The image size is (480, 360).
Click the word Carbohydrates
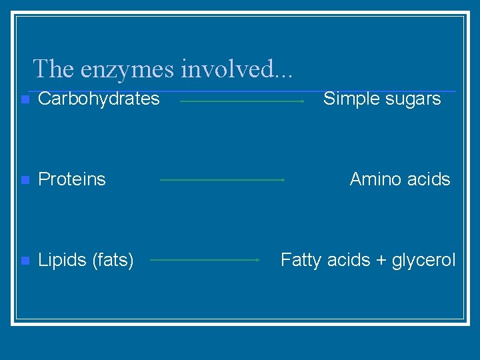[x=99, y=99]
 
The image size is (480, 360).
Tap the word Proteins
[x=72, y=179]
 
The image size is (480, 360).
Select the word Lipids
[x=58, y=260]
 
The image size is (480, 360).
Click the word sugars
[x=412, y=100]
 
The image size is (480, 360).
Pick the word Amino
[x=374, y=179]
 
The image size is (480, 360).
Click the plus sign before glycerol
[x=381, y=261]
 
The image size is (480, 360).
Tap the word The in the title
[x=55, y=69]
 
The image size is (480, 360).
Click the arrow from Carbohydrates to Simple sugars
[x=242, y=101]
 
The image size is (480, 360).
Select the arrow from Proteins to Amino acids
[x=223, y=179]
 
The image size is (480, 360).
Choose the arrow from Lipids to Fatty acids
[x=205, y=260]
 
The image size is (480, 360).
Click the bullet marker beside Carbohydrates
[x=25, y=100]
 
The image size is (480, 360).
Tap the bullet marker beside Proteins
[x=25, y=180]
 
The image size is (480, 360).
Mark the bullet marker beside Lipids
[x=25, y=261]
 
